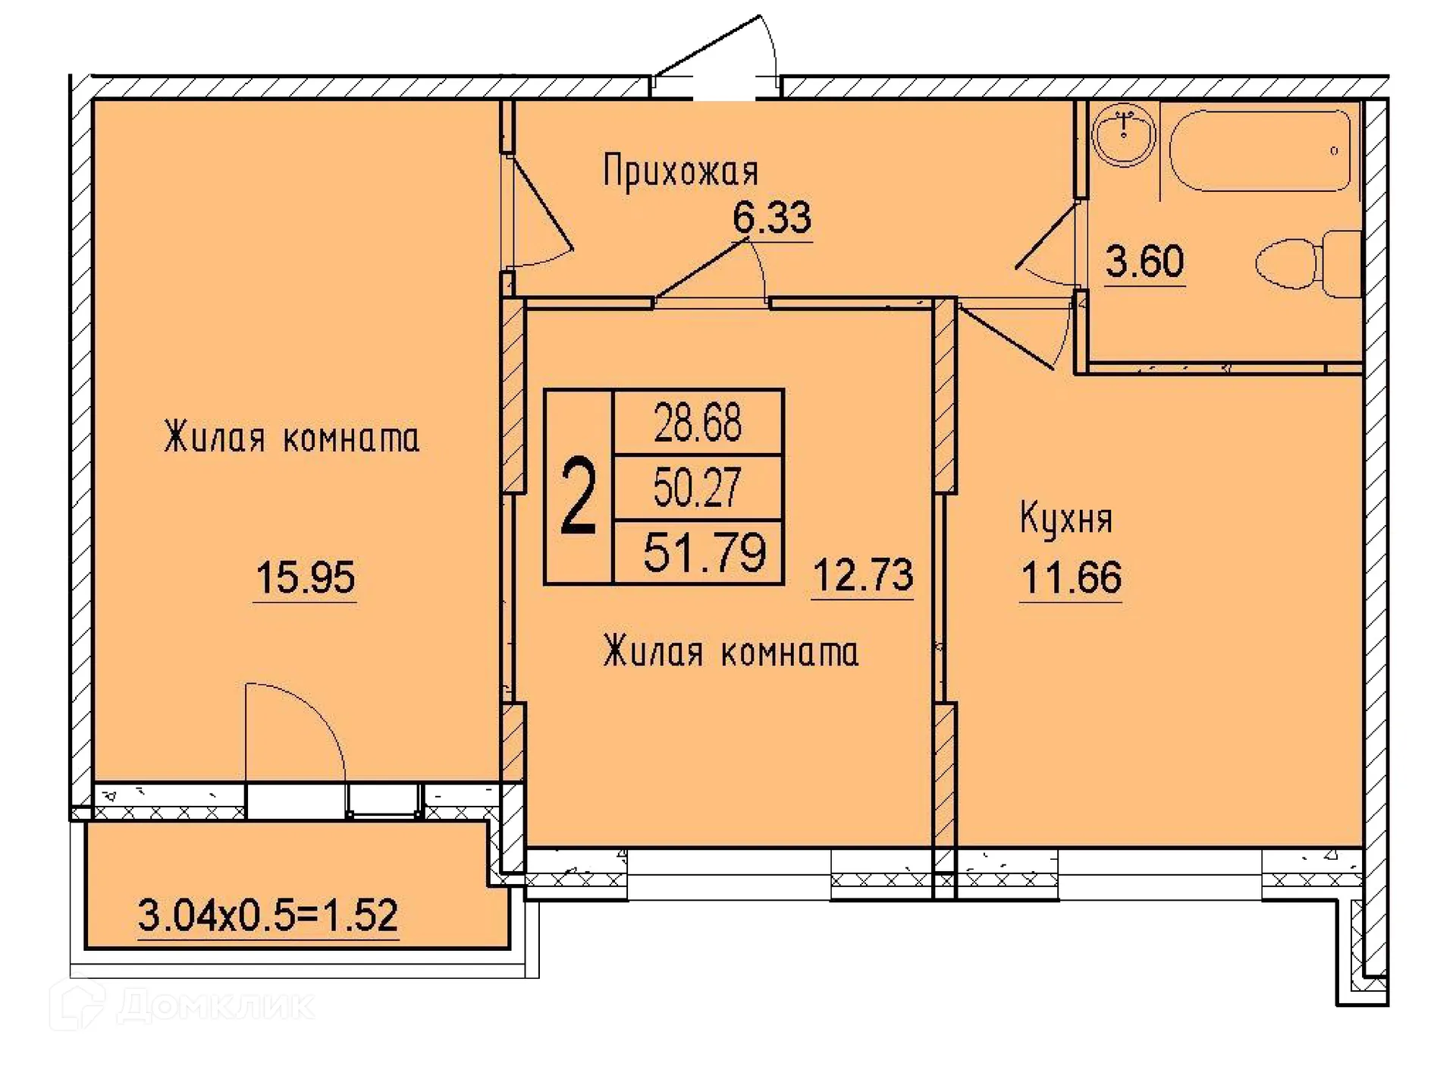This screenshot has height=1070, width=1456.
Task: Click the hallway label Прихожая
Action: tap(680, 172)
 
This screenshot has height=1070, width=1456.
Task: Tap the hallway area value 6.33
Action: tap(772, 218)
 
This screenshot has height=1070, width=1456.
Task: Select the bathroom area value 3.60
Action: tap(1144, 262)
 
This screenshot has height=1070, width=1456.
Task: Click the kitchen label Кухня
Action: tap(1065, 520)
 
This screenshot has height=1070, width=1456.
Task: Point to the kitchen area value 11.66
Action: tap(1071, 578)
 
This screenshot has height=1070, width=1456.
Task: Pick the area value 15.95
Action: tap(305, 578)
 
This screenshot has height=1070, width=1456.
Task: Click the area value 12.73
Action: tap(862, 576)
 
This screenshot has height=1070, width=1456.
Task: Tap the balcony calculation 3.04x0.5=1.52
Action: tap(268, 915)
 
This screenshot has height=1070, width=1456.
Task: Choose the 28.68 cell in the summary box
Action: tap(698, 423)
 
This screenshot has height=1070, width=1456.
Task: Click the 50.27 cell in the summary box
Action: tap(698, 488)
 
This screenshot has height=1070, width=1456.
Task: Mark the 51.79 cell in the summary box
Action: tap(704, 552)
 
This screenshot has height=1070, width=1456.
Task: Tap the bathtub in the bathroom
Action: tap(1260, 150)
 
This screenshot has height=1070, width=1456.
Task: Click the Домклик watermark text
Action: tap(215, 1006)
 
